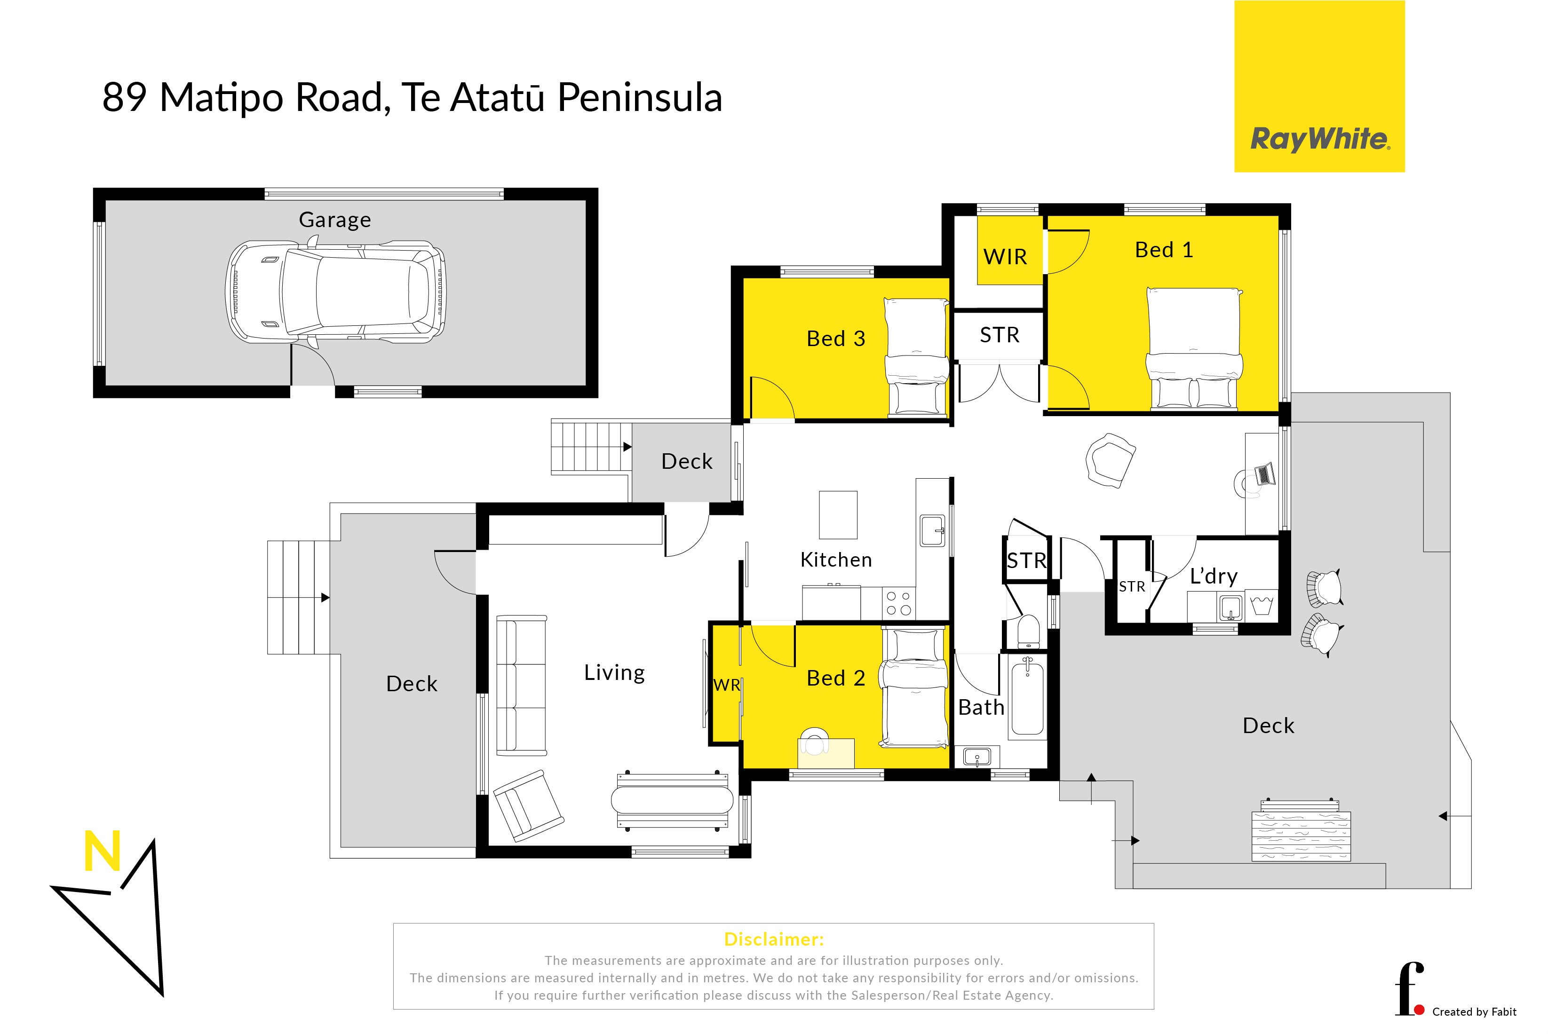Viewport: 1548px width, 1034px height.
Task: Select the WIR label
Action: click(1005, 257)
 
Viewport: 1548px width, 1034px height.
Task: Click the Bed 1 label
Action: click(1164, 250)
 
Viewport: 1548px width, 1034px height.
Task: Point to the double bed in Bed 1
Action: click(1194, 349)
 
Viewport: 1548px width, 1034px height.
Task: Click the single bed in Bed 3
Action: click(916, 357)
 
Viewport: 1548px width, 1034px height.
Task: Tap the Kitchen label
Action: click(836, 560)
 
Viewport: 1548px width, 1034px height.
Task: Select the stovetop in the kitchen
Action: click(898, 603)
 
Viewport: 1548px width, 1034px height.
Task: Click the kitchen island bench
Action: click(838, 515)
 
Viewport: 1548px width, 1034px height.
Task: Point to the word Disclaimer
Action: click(774, 939)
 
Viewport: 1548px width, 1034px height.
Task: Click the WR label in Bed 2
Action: click(726, 685)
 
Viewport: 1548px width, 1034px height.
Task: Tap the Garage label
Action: click(335, 220)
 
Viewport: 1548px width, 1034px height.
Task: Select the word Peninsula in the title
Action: click(640, 98)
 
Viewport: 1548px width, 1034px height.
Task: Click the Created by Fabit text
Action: click(1474, 1011)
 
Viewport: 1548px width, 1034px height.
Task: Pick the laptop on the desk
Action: click(1264, 474)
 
